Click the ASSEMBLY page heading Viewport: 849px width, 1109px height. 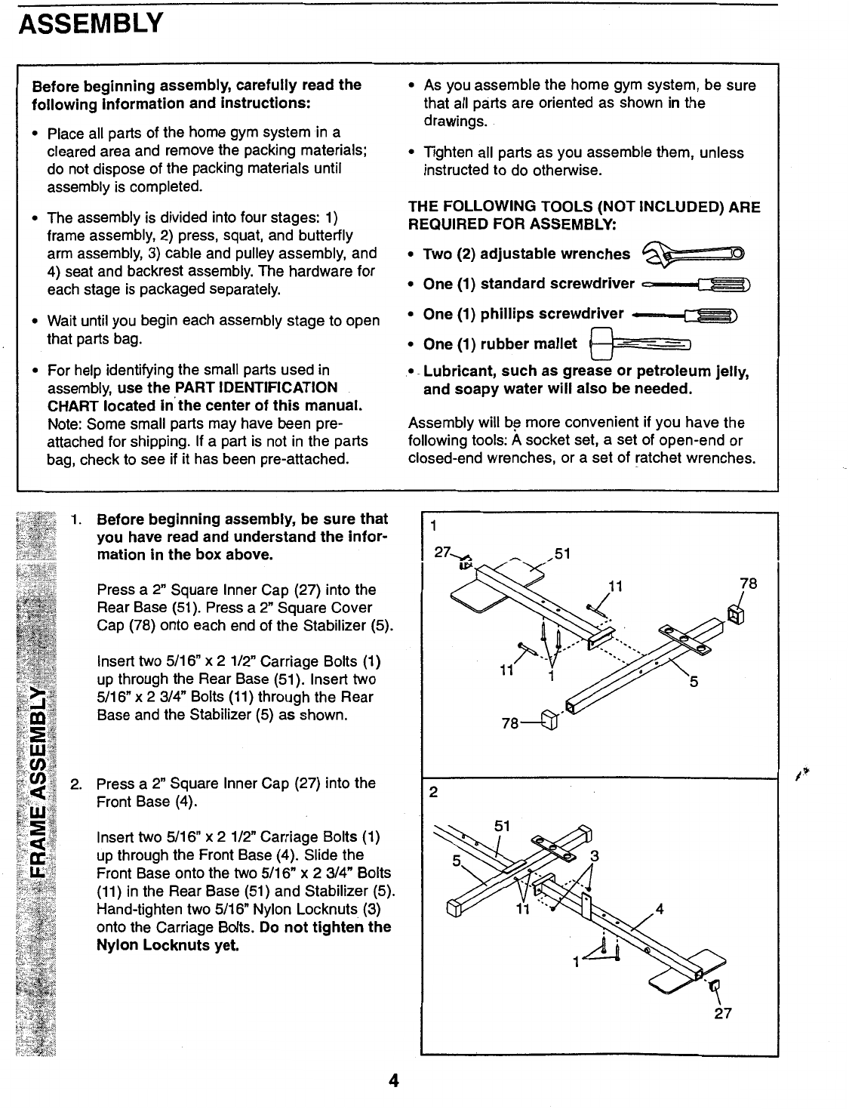coord(90,24)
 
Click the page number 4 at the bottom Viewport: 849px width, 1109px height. coord(392,1081)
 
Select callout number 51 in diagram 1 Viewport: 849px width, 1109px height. coord(562,554)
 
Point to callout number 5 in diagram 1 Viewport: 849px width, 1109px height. coord(693,684)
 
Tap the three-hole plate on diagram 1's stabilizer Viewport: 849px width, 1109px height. coord(687,637)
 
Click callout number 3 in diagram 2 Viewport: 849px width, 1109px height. coord(594,855)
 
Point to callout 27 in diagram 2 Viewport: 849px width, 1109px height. coord(723,1014)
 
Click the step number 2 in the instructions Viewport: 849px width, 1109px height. coord(75,784)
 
